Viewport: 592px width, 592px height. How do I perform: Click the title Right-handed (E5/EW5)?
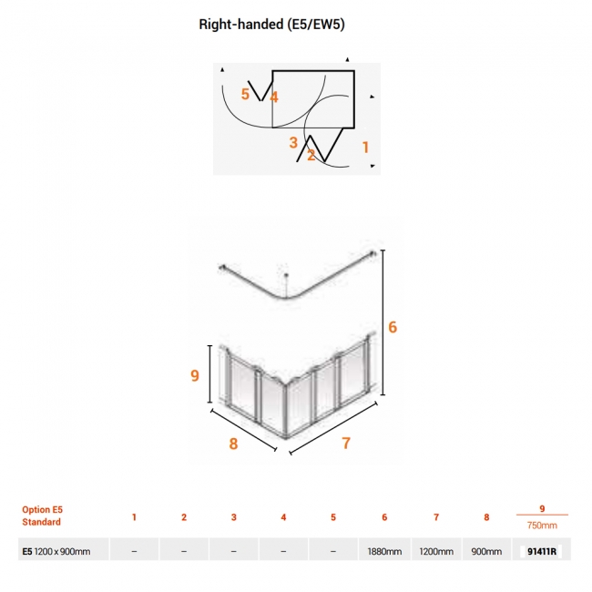point(271,25)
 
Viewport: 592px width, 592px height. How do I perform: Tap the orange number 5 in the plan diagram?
point(245,94)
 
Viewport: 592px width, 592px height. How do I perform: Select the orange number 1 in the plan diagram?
point(365,148)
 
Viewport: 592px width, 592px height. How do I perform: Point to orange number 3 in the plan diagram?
point(293,143)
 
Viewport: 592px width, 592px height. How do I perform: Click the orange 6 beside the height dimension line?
point(393,327)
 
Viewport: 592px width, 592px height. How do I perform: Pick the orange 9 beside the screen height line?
point(194,375)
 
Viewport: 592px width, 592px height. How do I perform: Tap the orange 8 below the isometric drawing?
point(233,444)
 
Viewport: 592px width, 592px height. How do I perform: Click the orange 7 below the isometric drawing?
point(346,444)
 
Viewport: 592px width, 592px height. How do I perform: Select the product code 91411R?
point(542,552)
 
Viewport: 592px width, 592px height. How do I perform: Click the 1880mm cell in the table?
point(384,552)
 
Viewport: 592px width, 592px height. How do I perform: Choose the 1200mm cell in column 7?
point(436,552)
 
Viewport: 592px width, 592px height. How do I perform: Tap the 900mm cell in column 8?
point(486,552)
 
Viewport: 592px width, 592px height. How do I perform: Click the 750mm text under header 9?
point(542,526)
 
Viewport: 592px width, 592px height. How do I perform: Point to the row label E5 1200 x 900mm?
point(56,552)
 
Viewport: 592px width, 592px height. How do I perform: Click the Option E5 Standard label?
point(42,515)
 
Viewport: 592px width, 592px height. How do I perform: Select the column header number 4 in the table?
point(283,517)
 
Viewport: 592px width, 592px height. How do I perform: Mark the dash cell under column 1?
point(134,552)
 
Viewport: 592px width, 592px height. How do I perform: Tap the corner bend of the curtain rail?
point(287,298)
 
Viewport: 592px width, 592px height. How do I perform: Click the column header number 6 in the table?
point(384,517)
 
